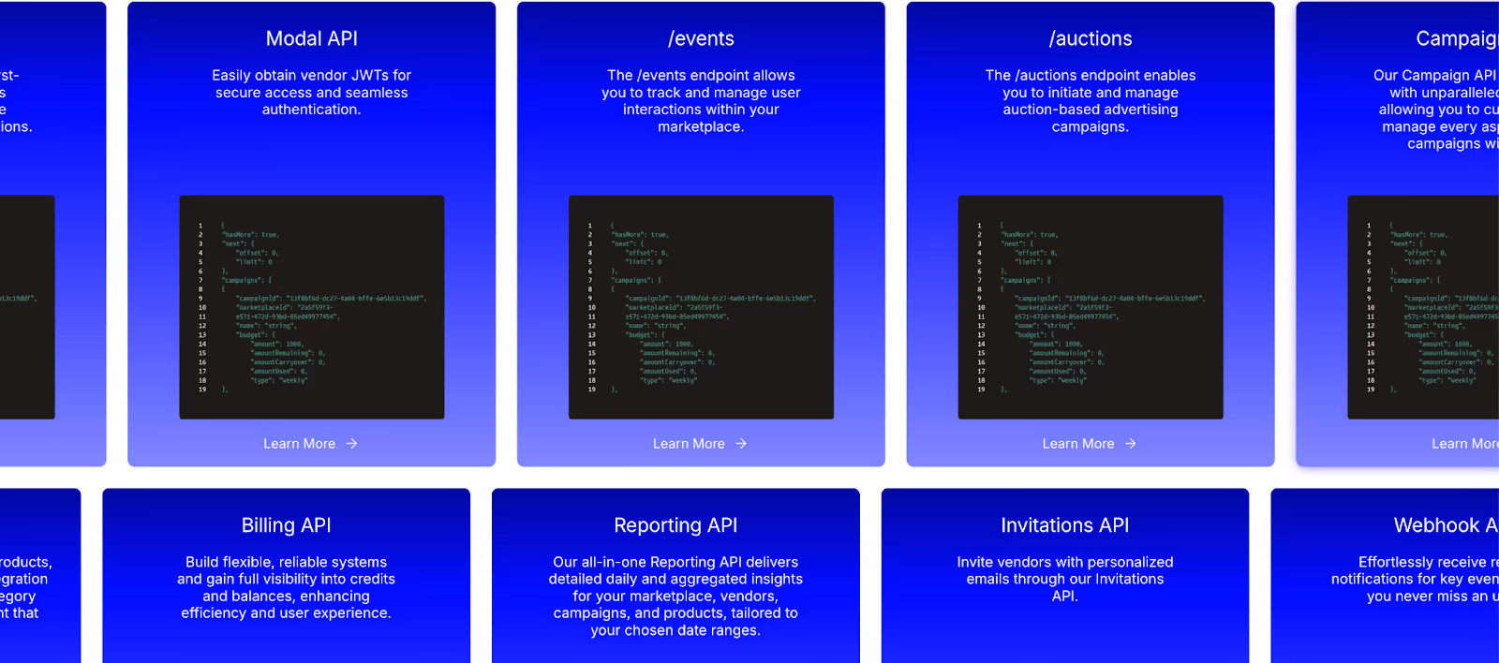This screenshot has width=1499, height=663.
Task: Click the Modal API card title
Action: click(311, 38)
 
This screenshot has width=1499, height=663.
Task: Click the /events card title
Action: click(701, 38)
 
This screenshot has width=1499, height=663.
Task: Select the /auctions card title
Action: click(1091, 38)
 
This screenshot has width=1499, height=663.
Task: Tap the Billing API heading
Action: click(286, 525)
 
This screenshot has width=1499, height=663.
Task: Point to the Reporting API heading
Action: click(675, 525)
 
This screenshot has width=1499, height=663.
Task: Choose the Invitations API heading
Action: click(1064, 525)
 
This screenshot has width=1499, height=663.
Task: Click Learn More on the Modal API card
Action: click(299, 444)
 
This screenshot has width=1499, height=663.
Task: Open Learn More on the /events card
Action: click(689, 444)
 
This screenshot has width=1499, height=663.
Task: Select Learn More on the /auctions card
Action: click(1078, 444)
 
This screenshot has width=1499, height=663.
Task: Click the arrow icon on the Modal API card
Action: click(352, 444)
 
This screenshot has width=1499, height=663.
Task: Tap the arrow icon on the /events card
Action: click(741, 444)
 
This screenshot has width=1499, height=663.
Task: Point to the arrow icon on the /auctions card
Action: click(1131, 444)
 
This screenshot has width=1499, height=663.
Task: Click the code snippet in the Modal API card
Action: click(312, 307)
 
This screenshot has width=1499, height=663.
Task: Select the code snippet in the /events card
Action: click(701, 307)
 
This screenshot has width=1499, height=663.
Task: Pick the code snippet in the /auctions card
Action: click(1091, 307)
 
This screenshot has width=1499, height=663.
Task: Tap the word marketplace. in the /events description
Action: click(701, 126)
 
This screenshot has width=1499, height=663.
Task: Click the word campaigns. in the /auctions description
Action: click(1091, 126)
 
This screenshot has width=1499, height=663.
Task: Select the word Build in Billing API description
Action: click(202, 562)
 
